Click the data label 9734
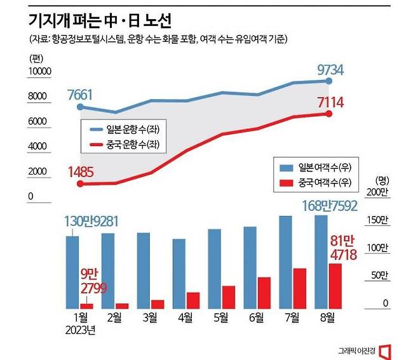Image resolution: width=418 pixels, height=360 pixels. tap(331, 69)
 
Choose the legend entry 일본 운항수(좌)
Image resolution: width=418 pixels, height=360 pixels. tap(125, 128)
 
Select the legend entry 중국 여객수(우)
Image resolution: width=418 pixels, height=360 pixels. tap(316, 183)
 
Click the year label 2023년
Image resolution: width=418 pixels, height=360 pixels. tap(79, 330)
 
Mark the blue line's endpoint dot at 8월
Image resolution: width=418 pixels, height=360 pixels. tap(328, 81)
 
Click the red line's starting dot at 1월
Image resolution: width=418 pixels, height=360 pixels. tap(79, 183)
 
